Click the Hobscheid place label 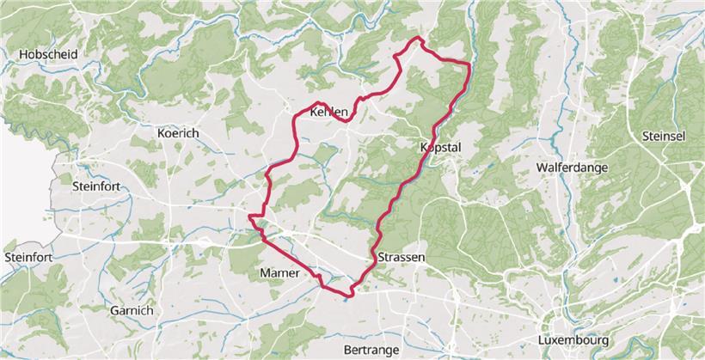pos(48,55)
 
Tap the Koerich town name pos(178,134)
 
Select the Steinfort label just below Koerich pos(100,185)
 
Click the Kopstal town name pos(440,148)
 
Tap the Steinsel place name pos(664,136)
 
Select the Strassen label pos(402,257)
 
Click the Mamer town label pos(279,273)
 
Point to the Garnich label pos(132,310)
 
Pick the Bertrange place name pos(371,350)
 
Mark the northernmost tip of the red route pos(419,39)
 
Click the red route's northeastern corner pos(469,64)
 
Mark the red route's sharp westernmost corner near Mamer pos(249,217)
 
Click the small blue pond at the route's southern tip pos(346,300)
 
